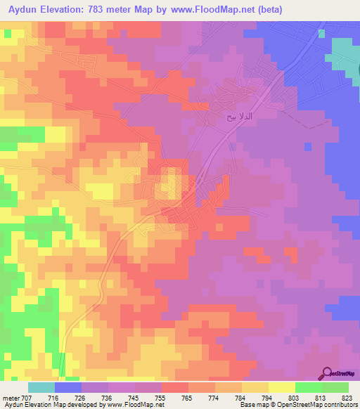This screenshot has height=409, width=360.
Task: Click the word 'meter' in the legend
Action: point(12,397)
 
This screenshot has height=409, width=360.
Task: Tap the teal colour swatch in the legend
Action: point(41,387)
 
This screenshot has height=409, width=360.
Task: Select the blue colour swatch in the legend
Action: point(67,387)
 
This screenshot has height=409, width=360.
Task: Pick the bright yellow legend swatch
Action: point(281,387)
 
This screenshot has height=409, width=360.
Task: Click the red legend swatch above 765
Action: point(174,387)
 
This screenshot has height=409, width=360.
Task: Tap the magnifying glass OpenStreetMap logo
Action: point(328,372)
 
